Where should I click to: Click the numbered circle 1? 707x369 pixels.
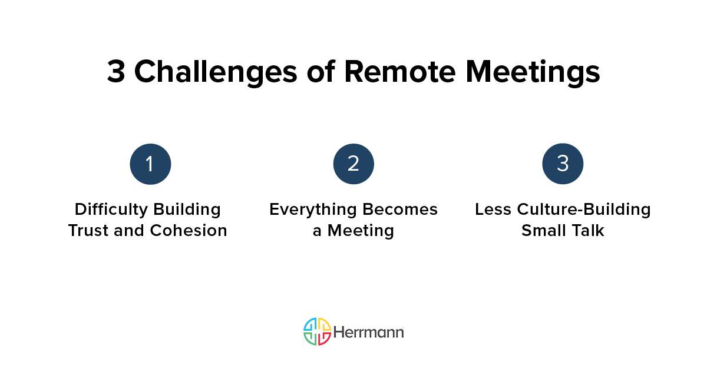click(150, 164)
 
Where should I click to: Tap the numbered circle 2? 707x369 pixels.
click(353, 164)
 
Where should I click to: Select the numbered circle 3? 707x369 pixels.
click(563, 164)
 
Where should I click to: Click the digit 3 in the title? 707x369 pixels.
click(116, 72)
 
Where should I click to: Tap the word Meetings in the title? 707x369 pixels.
click(533, 72)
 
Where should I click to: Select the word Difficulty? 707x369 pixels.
click(111, 209)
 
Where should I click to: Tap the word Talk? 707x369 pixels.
click(587, 230)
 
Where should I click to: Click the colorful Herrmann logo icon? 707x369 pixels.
click(317, 331)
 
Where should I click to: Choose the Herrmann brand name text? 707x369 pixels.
click(369, 332)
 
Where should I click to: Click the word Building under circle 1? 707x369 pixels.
click(187, 209)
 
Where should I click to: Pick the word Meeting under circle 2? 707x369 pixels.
click(361, 230)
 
